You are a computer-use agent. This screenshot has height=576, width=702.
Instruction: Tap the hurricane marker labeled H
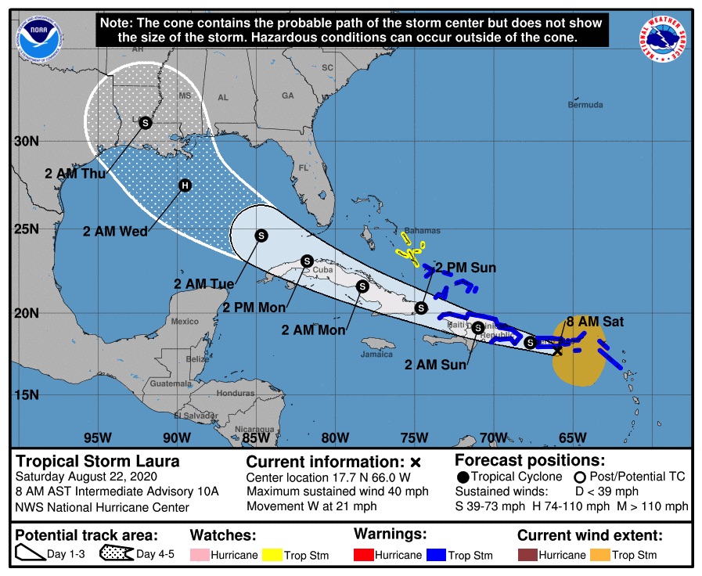click(x=185, y=185)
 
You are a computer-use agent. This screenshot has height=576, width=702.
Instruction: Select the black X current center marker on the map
click(x=557, y=351)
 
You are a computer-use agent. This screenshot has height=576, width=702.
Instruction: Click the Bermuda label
click(x=585, y=105)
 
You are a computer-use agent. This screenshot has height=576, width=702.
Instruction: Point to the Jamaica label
click(x=376, y=354)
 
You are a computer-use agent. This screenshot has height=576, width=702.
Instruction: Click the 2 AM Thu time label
click(x=75, y=173)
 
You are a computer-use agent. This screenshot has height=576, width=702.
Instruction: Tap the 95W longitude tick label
click(x=96, y=437)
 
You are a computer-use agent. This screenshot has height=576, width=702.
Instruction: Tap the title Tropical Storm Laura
click(x=99, y=461)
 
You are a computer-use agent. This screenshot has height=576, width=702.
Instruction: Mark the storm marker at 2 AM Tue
click(x=261, y=235)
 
